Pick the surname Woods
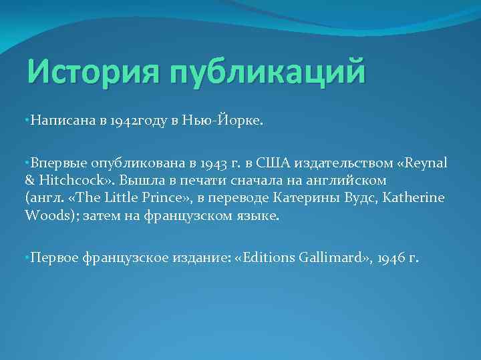[45, 215]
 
